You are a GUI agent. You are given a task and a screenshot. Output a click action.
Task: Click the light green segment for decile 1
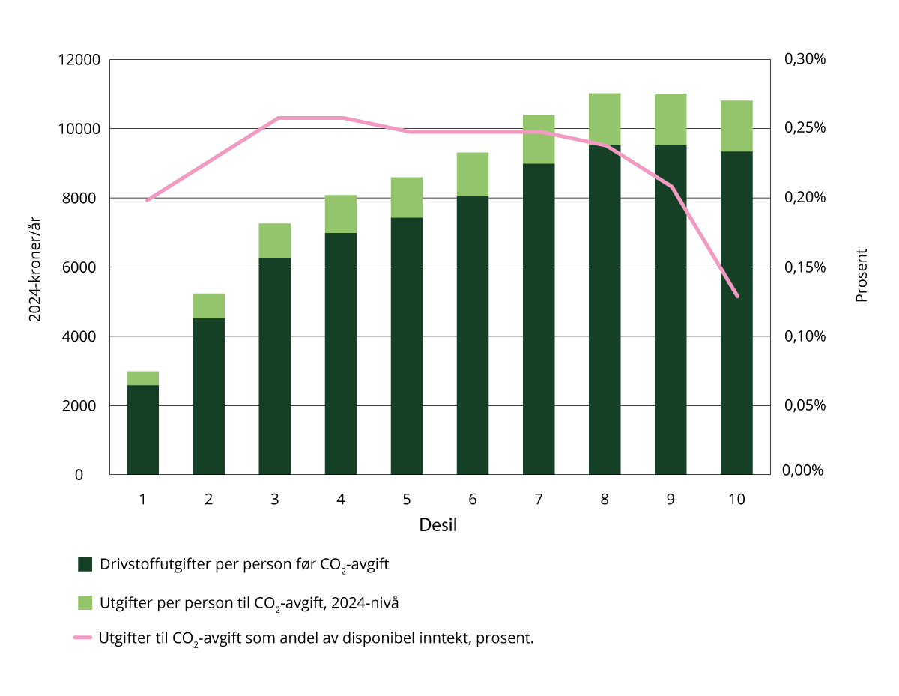(142, 378)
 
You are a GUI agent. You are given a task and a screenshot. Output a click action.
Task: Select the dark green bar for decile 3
(274, 367)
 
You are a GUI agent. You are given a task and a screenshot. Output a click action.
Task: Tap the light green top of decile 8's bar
(605, 119)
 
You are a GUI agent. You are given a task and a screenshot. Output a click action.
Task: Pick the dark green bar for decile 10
(736, 315)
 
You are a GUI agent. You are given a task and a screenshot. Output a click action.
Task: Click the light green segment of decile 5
(407, 197)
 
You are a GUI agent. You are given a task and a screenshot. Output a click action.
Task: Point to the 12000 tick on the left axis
(80, 60)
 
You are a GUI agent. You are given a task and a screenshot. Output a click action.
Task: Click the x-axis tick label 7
(539, 499)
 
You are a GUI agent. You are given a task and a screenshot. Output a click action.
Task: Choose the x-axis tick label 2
(208, 499)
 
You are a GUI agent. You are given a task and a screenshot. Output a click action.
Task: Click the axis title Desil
(438, 525)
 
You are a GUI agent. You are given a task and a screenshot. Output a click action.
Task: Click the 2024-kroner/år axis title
(35, 267)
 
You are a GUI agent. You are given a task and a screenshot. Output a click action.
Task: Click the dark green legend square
(85, 565)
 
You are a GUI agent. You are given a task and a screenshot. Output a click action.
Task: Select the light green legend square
(85, 602)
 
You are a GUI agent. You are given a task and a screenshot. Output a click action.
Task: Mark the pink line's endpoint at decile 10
(737, 297)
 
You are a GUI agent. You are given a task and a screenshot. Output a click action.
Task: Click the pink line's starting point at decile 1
(147, 200)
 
